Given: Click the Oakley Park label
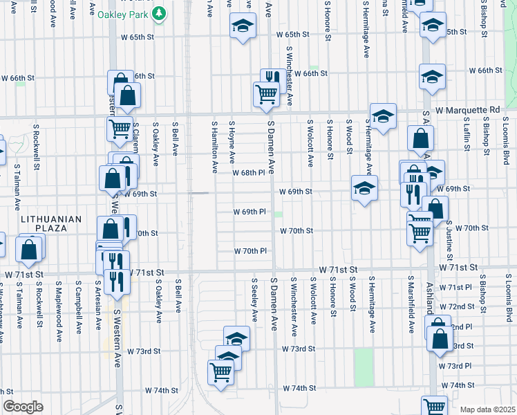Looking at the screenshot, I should pyautogui.click(x=124, y=14).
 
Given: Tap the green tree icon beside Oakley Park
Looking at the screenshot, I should pyautogui.click(x=160, y=13).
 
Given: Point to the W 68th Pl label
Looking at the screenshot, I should pyautogui.click(x=248, y=172).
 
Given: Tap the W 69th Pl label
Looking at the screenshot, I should pyautogui.click(x=249, y=212).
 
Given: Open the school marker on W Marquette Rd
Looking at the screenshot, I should pyautogui.click(x=382, y=116).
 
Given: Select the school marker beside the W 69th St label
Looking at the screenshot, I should pyautogui.click(x=364, y=187).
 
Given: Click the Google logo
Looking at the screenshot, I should pyautogui.click(x=23, y=407).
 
